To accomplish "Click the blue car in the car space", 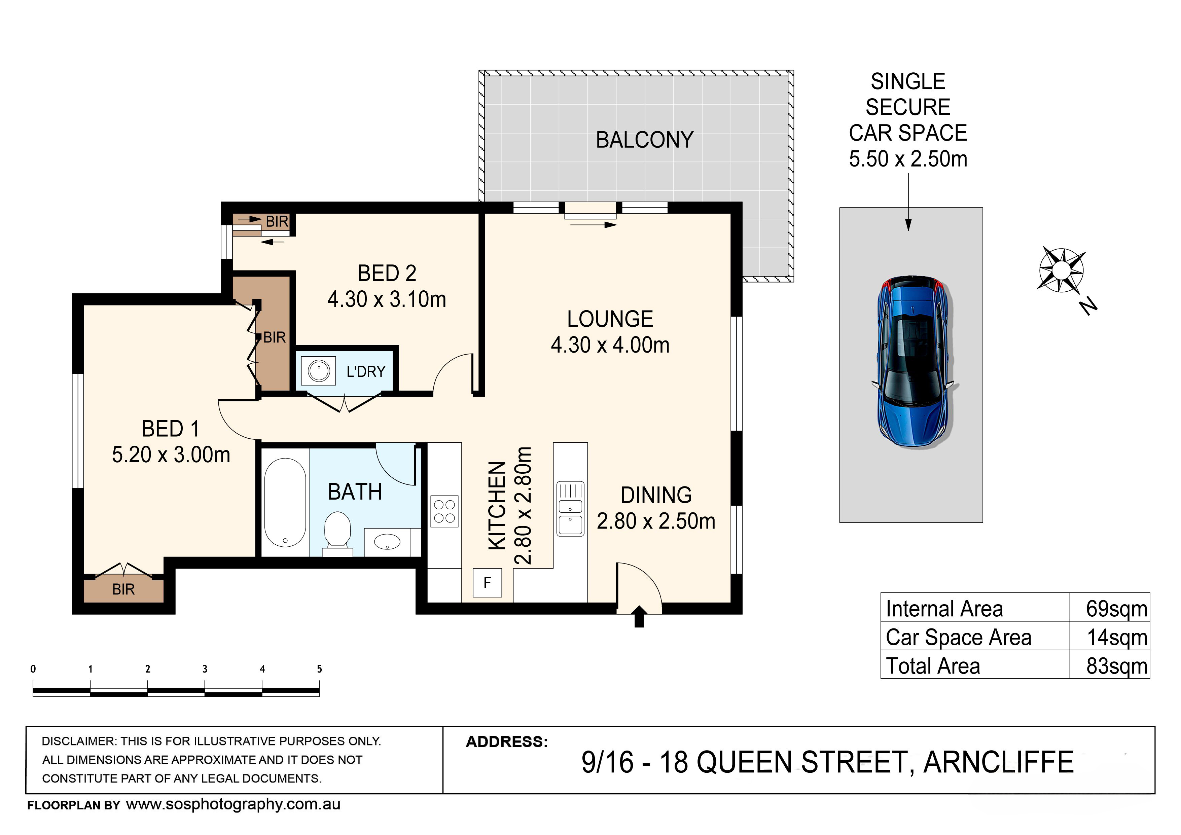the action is pyautogui.click(x=914, y=362).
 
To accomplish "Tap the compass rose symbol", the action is pyautogui.click(x=1062, y=270).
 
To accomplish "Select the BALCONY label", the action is pyautogui.click(x=645, y=140).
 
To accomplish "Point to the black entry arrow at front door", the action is pyautogui.click(x=639, y=616).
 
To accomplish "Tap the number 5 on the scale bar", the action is pyautogui.click(x=319, y=669).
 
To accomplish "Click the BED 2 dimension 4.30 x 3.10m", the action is pyautogui.click(x=387, y=299).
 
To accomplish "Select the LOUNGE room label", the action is pyautogui.click(x=610, y=319).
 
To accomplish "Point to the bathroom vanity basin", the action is pyautogui.click(x=387, y=542).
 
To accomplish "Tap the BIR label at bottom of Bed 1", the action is pyautogui.click(x=123, y=589).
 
